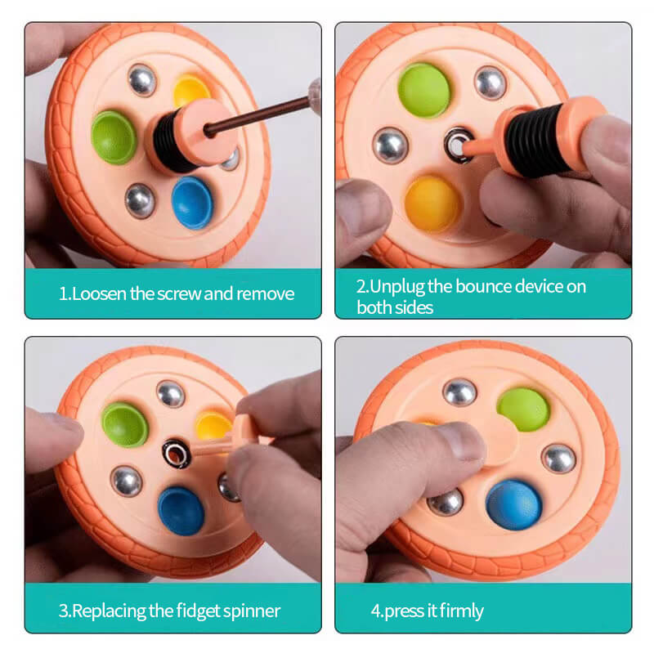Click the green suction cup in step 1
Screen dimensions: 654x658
[x=114, y=137]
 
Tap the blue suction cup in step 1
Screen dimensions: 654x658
[x=192, y=203]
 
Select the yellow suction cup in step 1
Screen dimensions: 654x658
[x=191, y=90]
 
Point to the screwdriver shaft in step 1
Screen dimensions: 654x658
[x=259, y=114]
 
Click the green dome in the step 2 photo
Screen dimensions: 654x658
[x=424, y=90]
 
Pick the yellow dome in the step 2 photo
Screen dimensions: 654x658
[x=432, y=204]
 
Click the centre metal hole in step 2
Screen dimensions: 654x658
[x=458, y=145]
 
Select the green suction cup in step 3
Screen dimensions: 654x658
[x=125, y=424]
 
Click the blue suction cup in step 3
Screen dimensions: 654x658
[x=181, y=511]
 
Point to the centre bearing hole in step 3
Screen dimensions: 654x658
[x=177, y=454]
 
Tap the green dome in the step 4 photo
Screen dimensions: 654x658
[x=523, y=410]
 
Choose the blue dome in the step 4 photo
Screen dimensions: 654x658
[x=513, y=504]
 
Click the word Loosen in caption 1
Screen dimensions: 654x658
[x=99, y=293]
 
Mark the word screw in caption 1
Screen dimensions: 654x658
[x=179, y=294]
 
